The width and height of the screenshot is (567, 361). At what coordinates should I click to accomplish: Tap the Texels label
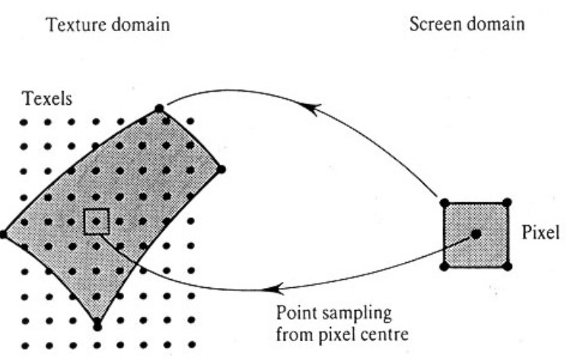pyautogui.click(x=43, y=99)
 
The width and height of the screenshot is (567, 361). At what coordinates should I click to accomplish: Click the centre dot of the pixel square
pyautogui.click(x=476, y=234)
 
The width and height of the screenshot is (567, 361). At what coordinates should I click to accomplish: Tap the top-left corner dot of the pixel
pyautogui.click(x=444, y=203)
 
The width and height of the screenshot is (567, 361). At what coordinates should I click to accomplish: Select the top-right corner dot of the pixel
pyautogui.click(x=508, y=202)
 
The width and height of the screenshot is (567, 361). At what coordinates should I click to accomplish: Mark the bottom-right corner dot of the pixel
pyautogui.click(x=508, y=266)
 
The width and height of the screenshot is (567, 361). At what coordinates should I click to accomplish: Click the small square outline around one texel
pyautogui.click(x=97, y=221)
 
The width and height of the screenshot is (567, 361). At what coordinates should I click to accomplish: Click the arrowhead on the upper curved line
pyautogui.click(x=310, y=109)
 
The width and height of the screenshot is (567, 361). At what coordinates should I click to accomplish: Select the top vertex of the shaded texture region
pyautogui.click(x=159, y=109)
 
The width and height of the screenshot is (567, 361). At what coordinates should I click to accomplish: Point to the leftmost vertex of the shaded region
pyautogui.click(x=4, y=235)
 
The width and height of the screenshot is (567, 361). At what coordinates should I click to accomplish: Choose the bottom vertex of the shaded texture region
pyautogui.click(x=97, y=326)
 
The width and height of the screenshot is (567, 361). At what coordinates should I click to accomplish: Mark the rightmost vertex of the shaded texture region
pyautogui.click(x=221, y=169)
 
